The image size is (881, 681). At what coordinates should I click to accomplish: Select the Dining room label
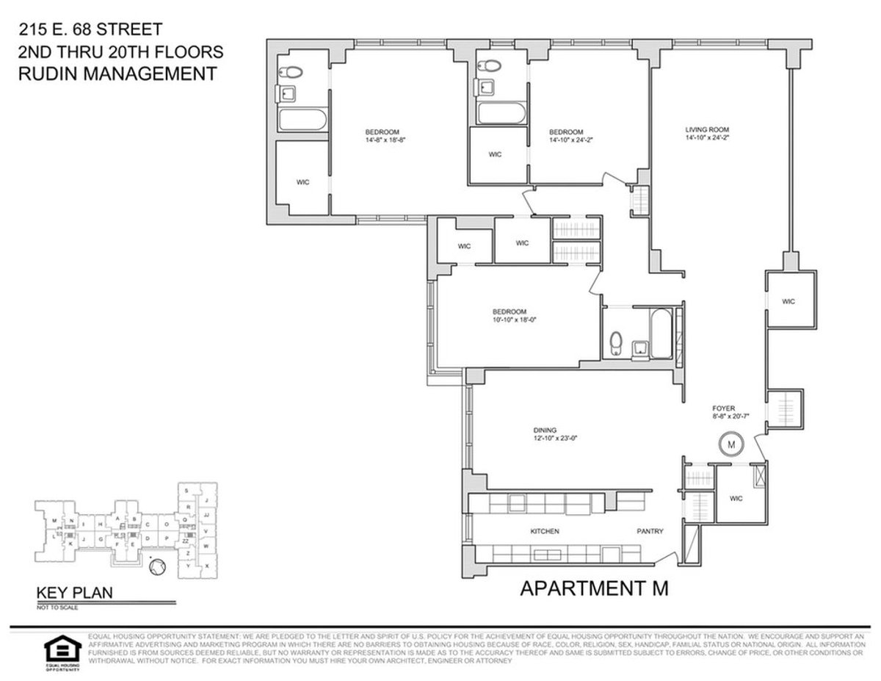coord(545,430)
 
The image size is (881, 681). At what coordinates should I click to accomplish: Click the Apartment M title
coord(594,589)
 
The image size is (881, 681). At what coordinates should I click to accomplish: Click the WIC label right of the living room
coord(788,301)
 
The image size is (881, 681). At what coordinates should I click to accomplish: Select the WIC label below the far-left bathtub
coord(302,182)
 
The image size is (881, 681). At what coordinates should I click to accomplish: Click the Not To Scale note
coord(57,608)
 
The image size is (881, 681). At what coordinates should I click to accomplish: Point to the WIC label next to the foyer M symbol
coord(736,498)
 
